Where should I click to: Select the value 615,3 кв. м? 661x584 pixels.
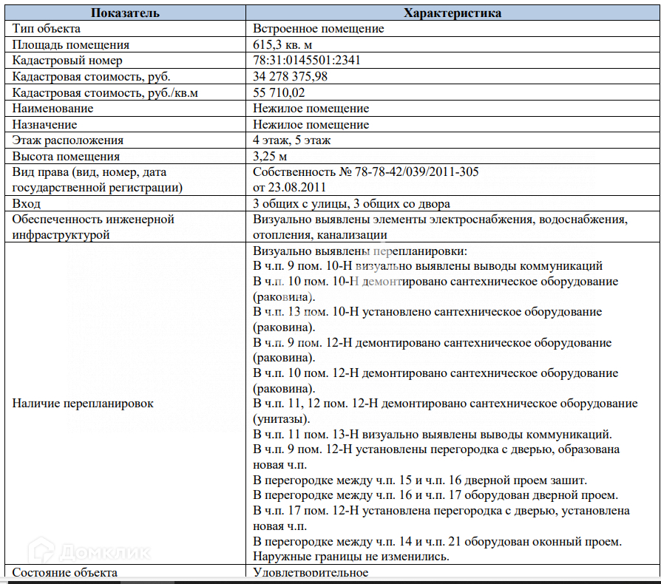[x=283, y=45]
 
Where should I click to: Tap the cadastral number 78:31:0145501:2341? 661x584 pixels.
[x=307, y=61]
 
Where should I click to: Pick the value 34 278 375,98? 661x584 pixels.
[x=291, y=77]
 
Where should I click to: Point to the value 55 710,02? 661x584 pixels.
[x=279, y=92]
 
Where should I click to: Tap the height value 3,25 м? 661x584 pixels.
[x=270, y=157]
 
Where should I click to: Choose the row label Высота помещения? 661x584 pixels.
[x=66, y=157]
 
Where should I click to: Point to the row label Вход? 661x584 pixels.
[x=27, y=203]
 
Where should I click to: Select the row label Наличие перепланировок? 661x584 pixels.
[x=84, y=404]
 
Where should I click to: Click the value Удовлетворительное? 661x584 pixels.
[x=311, y=573]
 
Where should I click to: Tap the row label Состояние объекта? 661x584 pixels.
[x=65, y=573]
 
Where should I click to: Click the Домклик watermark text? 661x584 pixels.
[x=104, y=551]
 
